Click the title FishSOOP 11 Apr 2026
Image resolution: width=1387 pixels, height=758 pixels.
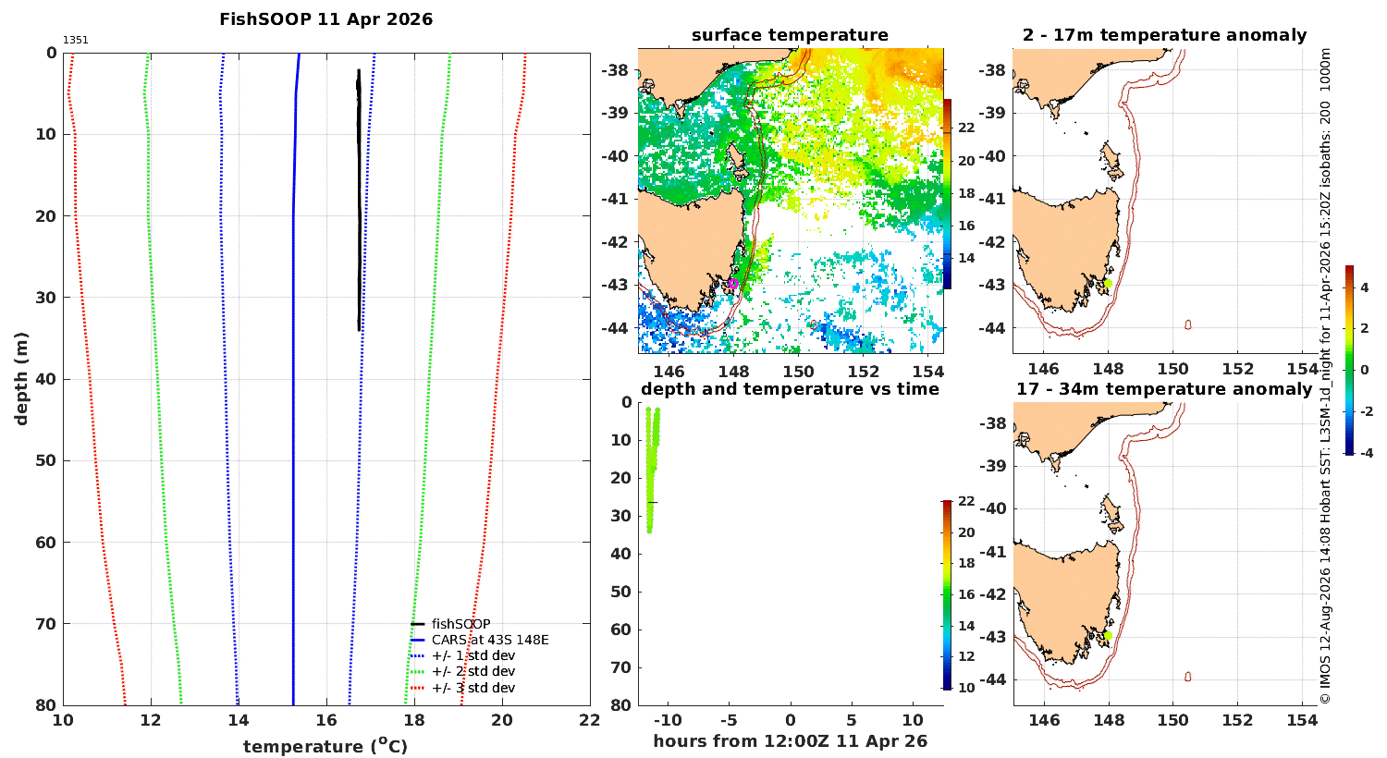[x=325, y=19]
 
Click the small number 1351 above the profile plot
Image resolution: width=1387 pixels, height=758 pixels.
[x=76, y=41]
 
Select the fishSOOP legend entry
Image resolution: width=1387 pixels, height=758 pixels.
[x=451, y=624]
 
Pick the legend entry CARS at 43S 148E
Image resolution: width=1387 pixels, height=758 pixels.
[x=480, y=640]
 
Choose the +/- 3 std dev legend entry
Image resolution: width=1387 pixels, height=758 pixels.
[x=463, y=688]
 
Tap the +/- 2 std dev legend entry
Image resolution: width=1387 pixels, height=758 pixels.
[x=463, y=671]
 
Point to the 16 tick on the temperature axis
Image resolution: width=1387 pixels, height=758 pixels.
[x=326, y=720]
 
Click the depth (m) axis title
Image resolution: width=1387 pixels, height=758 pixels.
[x=21, y=379]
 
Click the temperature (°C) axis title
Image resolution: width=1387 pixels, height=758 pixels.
[x=325, y=746]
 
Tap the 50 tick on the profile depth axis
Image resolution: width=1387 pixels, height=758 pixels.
[x=47, y=461]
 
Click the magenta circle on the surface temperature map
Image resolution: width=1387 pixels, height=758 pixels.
[x=733, y=284]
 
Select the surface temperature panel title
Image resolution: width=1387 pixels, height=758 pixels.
[x=790, y=35]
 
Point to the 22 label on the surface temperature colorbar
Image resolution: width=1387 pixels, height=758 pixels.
[x=966, y=128]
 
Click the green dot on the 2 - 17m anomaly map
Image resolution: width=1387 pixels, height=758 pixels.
[x=1108, y=284]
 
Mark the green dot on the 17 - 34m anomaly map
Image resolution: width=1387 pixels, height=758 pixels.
[x=1108, y=635]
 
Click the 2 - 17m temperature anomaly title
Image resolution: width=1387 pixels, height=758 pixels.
[x=1165, y=35]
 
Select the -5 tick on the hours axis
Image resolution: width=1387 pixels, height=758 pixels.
[x=729, y=720]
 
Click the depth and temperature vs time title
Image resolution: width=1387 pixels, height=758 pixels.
[x=790, y=389]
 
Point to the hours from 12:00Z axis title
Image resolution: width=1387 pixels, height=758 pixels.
[x=790, y=741]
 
